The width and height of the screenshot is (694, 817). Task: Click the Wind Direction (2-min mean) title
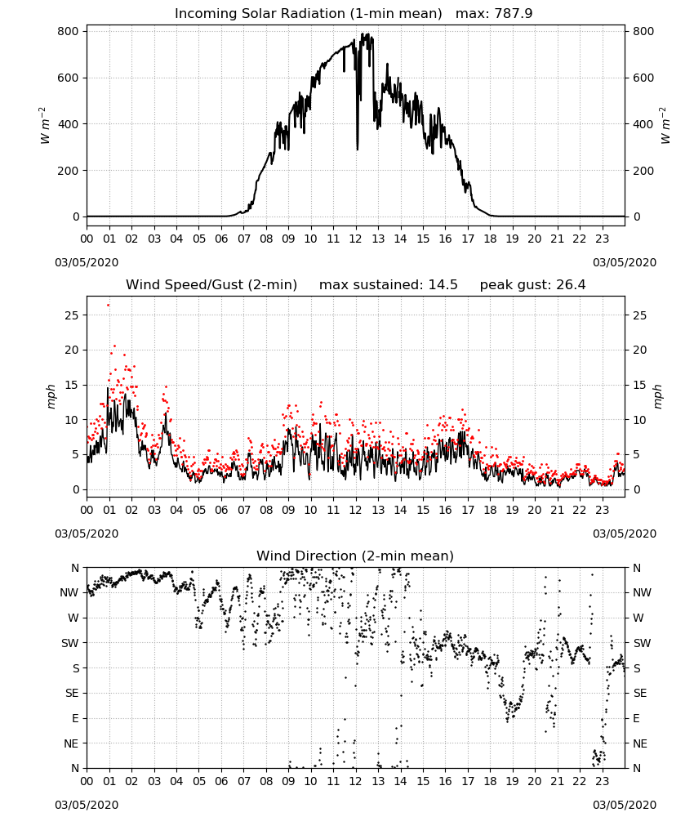coord(355,556)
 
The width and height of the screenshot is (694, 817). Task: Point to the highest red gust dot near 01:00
coord(109,306)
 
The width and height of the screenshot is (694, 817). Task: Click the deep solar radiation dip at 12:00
coord(357,149)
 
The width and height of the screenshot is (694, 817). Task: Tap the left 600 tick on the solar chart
coord(69,78)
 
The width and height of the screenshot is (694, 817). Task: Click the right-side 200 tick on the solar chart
coord(643,171)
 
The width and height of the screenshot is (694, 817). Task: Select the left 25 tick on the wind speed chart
coord(72,315)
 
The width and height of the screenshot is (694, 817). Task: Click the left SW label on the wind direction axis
coord(69,643)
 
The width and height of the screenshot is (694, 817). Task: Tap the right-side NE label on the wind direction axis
coord(640,743)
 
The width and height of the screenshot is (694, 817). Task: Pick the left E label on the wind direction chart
coord(75,718)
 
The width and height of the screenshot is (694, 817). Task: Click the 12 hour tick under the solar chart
coord(355,239)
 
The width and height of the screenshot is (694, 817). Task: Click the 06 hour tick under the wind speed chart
coord(221,510)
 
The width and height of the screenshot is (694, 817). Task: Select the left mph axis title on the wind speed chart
coord(51,396)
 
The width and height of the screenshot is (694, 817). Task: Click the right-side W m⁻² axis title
coord(665,125)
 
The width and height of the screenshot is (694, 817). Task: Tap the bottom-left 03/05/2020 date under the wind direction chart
coord(87,805)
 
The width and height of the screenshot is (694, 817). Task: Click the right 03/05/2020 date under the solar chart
coord(625,262)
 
